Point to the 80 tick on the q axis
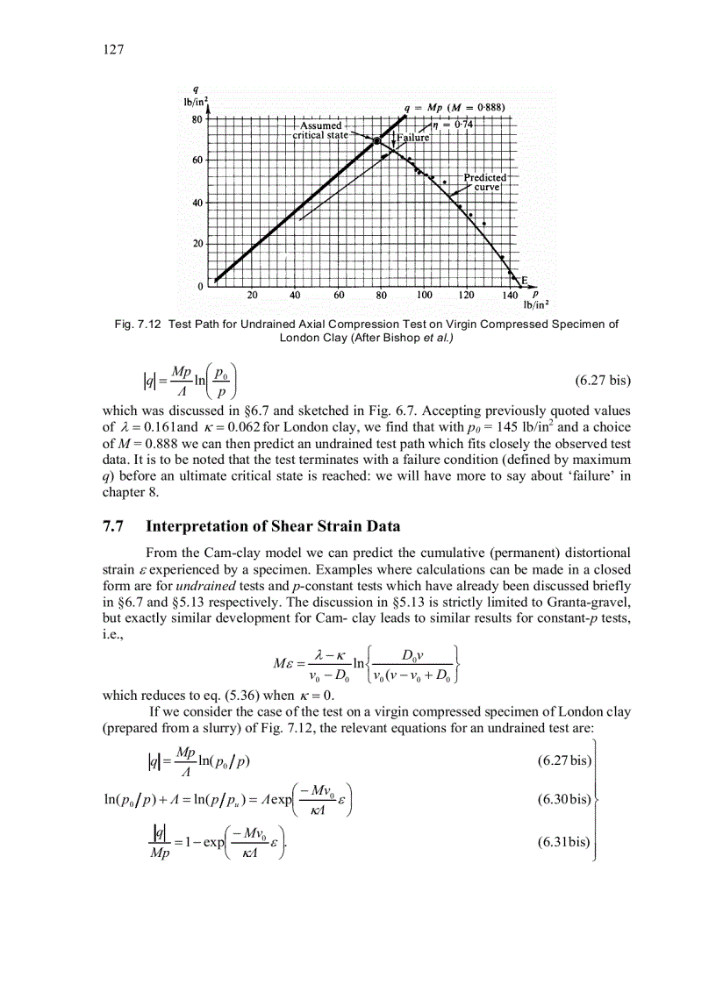point(198,119)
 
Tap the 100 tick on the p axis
point(425,296)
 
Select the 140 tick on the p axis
point(510,296)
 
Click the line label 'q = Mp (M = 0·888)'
point(457,108)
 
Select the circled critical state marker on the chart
point(377,141)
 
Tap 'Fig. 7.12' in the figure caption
point(139,324)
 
